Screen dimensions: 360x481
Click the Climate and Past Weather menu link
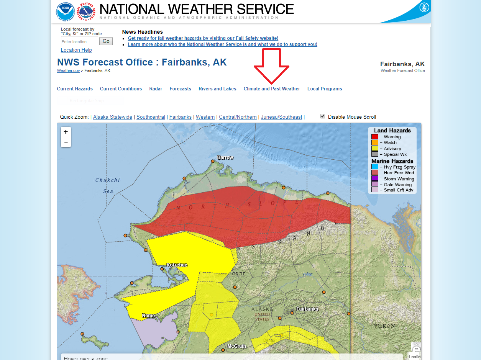click(272, 89)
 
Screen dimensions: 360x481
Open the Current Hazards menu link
click(75, 89)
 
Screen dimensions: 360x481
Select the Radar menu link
click(156, 89)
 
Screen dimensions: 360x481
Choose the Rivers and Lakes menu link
click(217, 89)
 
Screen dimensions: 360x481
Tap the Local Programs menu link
click(325, 89)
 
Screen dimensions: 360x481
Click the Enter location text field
click(79, 42)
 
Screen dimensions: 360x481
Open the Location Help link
click(76, 50)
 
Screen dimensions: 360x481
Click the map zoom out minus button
click(66, 142)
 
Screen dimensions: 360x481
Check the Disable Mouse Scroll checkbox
click(323, 116)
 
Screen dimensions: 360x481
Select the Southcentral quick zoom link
click(151, 117)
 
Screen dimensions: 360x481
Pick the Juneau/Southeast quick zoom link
click(281, 117)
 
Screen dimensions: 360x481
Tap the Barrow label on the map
click(225, 157)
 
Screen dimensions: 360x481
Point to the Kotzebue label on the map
click(177, 265)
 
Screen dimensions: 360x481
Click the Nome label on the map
click(148, 316)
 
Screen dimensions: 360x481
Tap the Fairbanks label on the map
click(307, 309)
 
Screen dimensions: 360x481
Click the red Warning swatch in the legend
click(375, 137)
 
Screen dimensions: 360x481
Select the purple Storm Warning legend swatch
click(375, 178)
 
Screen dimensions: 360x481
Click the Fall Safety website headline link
click(203, 38)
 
